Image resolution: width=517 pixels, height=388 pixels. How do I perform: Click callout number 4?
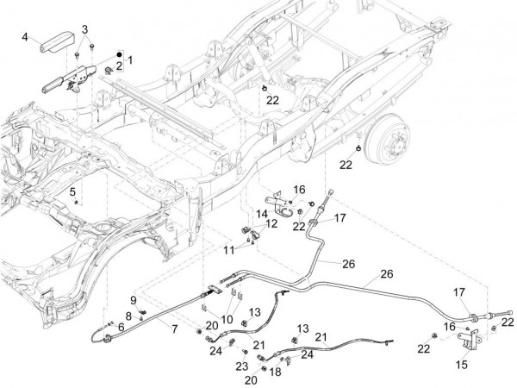tap(26, 35)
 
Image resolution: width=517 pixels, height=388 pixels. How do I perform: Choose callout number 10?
tap(228, 250)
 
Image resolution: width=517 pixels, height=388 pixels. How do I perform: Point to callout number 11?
tap(271, 223)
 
